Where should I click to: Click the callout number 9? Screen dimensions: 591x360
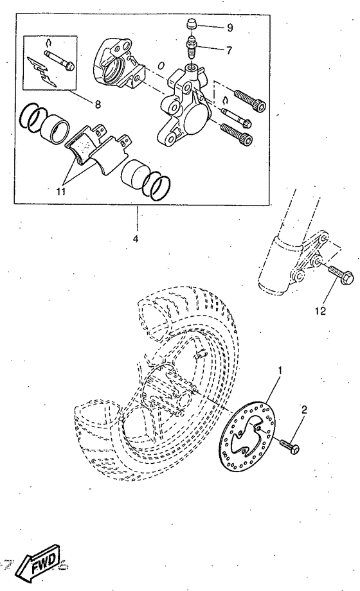(x=212, y=28)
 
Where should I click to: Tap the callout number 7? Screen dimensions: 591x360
(x=212, y=49)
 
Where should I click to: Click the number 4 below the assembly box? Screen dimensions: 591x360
(x=136, y=239)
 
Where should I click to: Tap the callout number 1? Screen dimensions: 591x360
(x=280, y=371)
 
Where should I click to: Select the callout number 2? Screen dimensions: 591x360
(x=304, y=409)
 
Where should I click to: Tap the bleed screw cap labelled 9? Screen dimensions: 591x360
(x=190, y=25)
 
